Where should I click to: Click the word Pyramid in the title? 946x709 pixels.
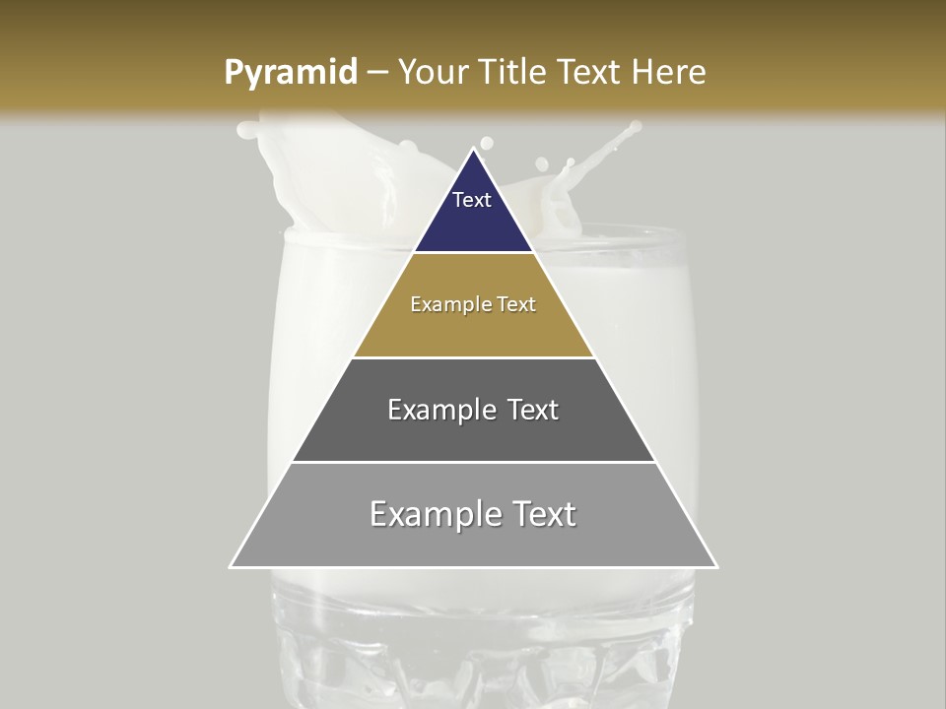coord(290,73)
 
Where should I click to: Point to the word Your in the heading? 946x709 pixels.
coord(432,73)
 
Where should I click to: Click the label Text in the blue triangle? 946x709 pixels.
coord(472,200)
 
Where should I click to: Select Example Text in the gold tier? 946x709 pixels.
coord(473,304)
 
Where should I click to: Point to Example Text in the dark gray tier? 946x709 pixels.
coord(473,410)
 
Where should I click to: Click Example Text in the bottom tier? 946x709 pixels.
coord(473,514)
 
